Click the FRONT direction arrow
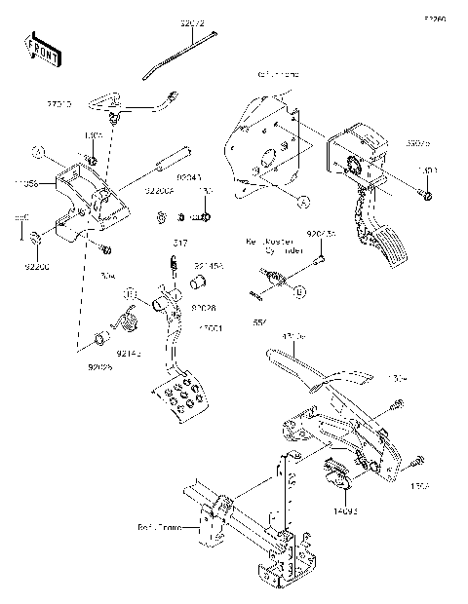click(x=42, y=49)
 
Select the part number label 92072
click(x=194, y=20)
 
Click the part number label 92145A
click(x=209, y=264)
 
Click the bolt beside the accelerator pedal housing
click(x=427, y=198)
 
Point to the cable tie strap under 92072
click(x=185, y=56)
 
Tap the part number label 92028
click(x=205, y=307)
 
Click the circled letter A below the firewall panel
click(x=303, y=202)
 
